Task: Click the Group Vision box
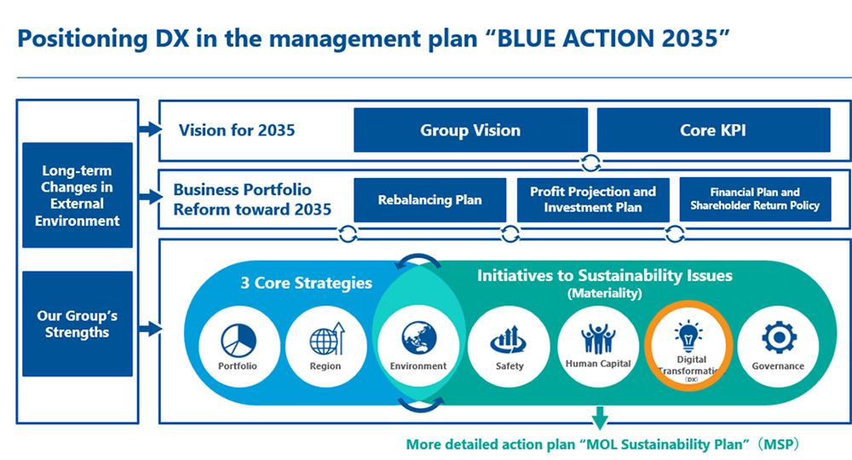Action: click(x=470, y=129)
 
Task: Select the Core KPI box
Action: click(x=713, y=129)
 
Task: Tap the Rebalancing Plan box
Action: click(x=429, y=200)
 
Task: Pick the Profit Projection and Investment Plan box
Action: click(x=593, y=200)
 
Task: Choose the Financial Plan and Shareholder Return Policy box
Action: click(x=755, y=199)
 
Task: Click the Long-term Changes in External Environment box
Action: click(x=78, y=195)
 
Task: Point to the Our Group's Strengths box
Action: click(x=78, y=324)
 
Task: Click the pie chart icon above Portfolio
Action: click(x=239, y=341)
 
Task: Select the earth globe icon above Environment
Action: click(x=419, y=338)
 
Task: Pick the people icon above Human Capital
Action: click(x=598, y=339)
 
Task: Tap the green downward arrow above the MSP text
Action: click(x=600, y=417)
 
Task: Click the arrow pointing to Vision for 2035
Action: click(x=150, y=129)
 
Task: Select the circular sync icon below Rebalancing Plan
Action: click(x=348, y=234)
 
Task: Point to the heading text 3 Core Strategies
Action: click(x=307, y=283)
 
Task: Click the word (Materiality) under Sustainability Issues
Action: click(x=605, y=293)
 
